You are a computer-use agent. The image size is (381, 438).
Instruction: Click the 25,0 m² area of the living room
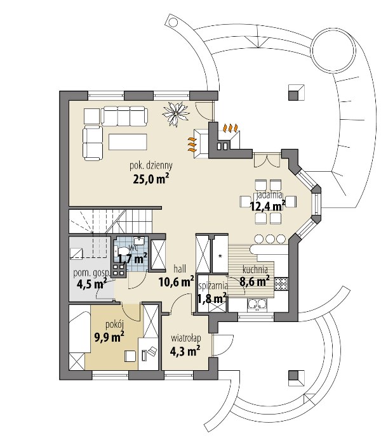(x=151, y=179)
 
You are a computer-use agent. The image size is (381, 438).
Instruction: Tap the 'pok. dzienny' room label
(x=151, y=165)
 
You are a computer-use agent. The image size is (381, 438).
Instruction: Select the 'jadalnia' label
(x=268, y=195)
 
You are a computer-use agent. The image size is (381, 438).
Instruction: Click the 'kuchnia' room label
(x=255, y=269)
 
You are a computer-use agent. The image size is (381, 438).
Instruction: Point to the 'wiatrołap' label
(x=186, y=338)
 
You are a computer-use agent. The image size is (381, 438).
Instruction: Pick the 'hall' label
(x=180, y=269)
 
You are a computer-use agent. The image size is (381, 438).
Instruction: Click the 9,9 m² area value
(x=109, y=337)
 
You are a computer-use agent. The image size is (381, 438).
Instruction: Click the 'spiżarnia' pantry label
(x=213, y=286)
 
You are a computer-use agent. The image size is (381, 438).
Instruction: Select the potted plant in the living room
(x=176, y=113)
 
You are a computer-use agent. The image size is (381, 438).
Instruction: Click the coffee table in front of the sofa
(x=128, y=142)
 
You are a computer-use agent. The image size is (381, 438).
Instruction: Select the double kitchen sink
(x=257, y=304)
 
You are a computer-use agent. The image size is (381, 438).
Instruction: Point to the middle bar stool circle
(x=270, y=239)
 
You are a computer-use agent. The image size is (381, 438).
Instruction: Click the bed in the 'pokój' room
(x=80, y=337)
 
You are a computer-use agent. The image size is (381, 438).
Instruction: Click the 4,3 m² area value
(x=185, y=351)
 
